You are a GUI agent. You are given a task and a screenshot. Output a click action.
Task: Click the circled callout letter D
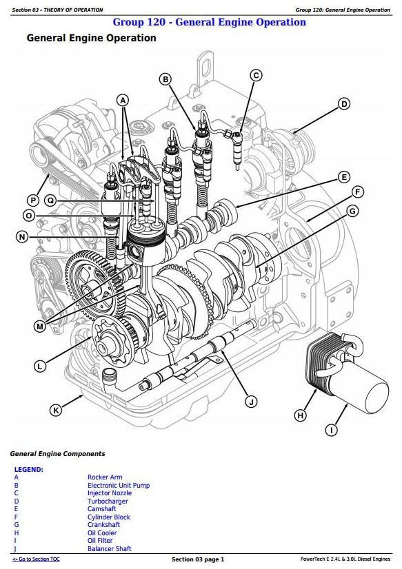[343, 104]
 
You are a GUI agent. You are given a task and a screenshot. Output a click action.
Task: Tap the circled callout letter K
[56, 411]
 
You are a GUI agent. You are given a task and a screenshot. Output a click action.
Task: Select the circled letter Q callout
[50, 200]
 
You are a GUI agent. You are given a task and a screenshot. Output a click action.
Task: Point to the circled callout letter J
[251, 402]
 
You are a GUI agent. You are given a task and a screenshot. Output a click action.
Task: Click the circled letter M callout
[40, 327]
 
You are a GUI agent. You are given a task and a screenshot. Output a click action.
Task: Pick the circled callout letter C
[256, 76]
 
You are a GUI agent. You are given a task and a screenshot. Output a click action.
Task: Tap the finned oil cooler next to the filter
[324, 360]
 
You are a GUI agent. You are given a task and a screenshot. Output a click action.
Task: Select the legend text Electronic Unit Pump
[119, 485]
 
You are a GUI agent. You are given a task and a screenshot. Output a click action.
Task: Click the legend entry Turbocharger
[108, 501]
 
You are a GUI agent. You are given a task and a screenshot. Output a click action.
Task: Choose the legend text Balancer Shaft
[110, 548]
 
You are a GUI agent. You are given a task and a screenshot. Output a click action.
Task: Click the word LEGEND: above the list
[29, 469]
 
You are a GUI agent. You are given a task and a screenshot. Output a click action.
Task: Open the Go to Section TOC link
[36, 559]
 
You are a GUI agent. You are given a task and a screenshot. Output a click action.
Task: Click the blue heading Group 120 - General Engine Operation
[210, 22]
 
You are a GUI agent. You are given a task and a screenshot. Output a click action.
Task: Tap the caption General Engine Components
[57, 453]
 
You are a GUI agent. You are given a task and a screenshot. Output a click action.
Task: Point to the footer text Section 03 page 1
[198, 559]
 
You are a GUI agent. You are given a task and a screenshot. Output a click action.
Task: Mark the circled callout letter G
[352, 211]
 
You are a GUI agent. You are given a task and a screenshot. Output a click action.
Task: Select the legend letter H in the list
[17, 532]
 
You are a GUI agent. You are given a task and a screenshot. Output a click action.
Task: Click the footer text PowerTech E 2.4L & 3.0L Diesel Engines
[345, 559]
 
